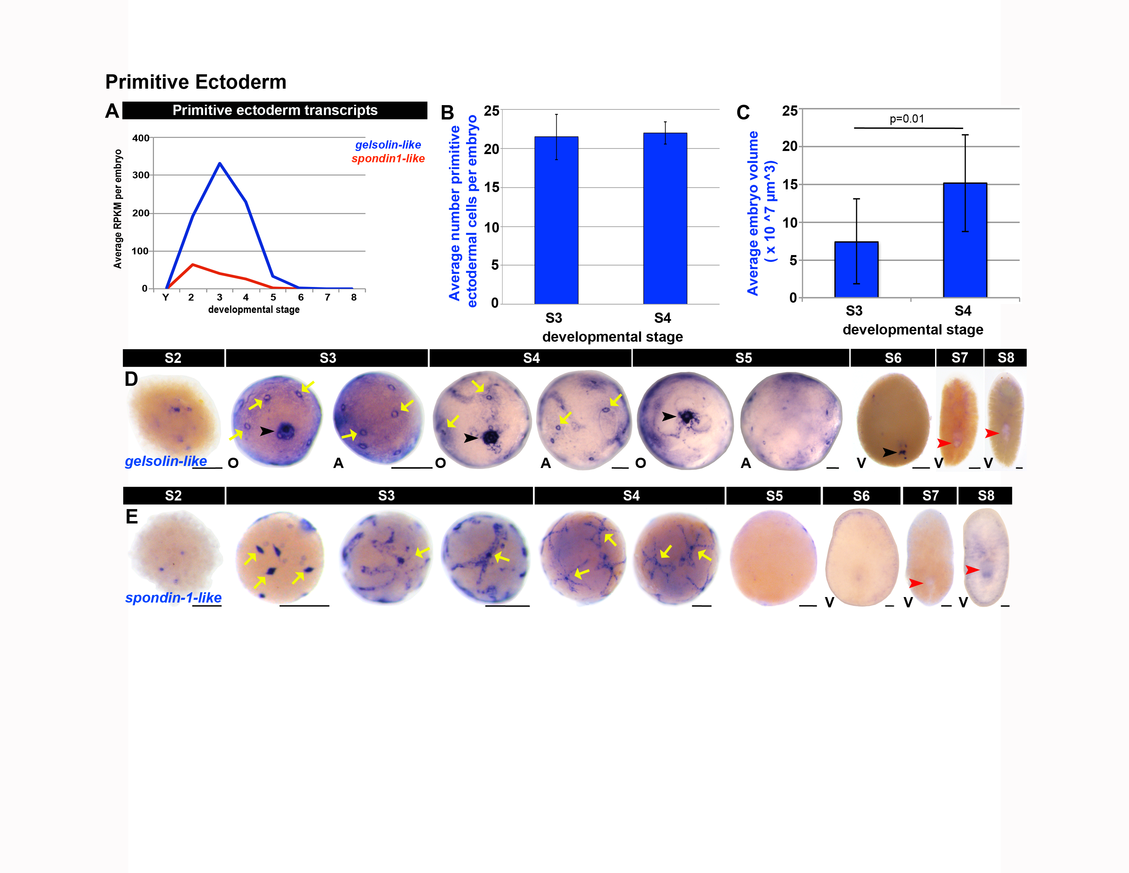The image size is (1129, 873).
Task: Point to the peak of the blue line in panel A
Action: click(220, 163)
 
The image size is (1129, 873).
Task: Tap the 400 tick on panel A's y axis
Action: click(141, 138)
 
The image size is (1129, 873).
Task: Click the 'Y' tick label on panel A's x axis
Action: click(166, 298)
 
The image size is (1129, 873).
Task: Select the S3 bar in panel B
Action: click(556, 220)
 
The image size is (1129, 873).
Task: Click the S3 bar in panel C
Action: click(856, 269)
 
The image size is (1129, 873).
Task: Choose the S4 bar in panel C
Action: click(965, 240)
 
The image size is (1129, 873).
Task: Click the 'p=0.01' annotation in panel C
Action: click(907, 119)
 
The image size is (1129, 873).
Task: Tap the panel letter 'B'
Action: click(447, 112)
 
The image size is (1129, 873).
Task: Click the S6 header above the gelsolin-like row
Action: click(893, 358)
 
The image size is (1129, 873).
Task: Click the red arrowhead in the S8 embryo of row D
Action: click(991, 433)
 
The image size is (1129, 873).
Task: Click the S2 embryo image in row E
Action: click(175, 552)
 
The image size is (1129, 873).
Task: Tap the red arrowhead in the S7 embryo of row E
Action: click(916, 583)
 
